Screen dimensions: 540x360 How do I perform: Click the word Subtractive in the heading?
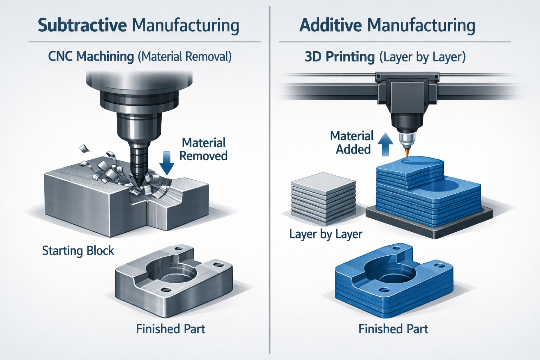[x=82, y=25]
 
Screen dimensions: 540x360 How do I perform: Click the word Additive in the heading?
[x=330, y=25]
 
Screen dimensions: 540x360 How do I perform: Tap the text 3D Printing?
[x=340, y=57]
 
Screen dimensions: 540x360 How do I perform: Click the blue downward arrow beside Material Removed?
[x=167, y=163]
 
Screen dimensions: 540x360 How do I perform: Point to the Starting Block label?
[x=78, y=251]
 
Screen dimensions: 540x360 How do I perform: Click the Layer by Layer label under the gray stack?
[x=326, y=234]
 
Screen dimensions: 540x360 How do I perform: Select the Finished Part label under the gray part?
[x=171, y=329]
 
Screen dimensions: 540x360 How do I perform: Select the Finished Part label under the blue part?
[x=393, y=329]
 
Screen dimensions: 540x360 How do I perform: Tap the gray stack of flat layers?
[x=323, y=197]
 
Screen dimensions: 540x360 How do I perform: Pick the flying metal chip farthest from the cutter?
[x=84, y=148]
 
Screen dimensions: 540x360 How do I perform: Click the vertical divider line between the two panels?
[x=269, y=180]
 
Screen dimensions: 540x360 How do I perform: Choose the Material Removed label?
[x=204, y=149]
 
